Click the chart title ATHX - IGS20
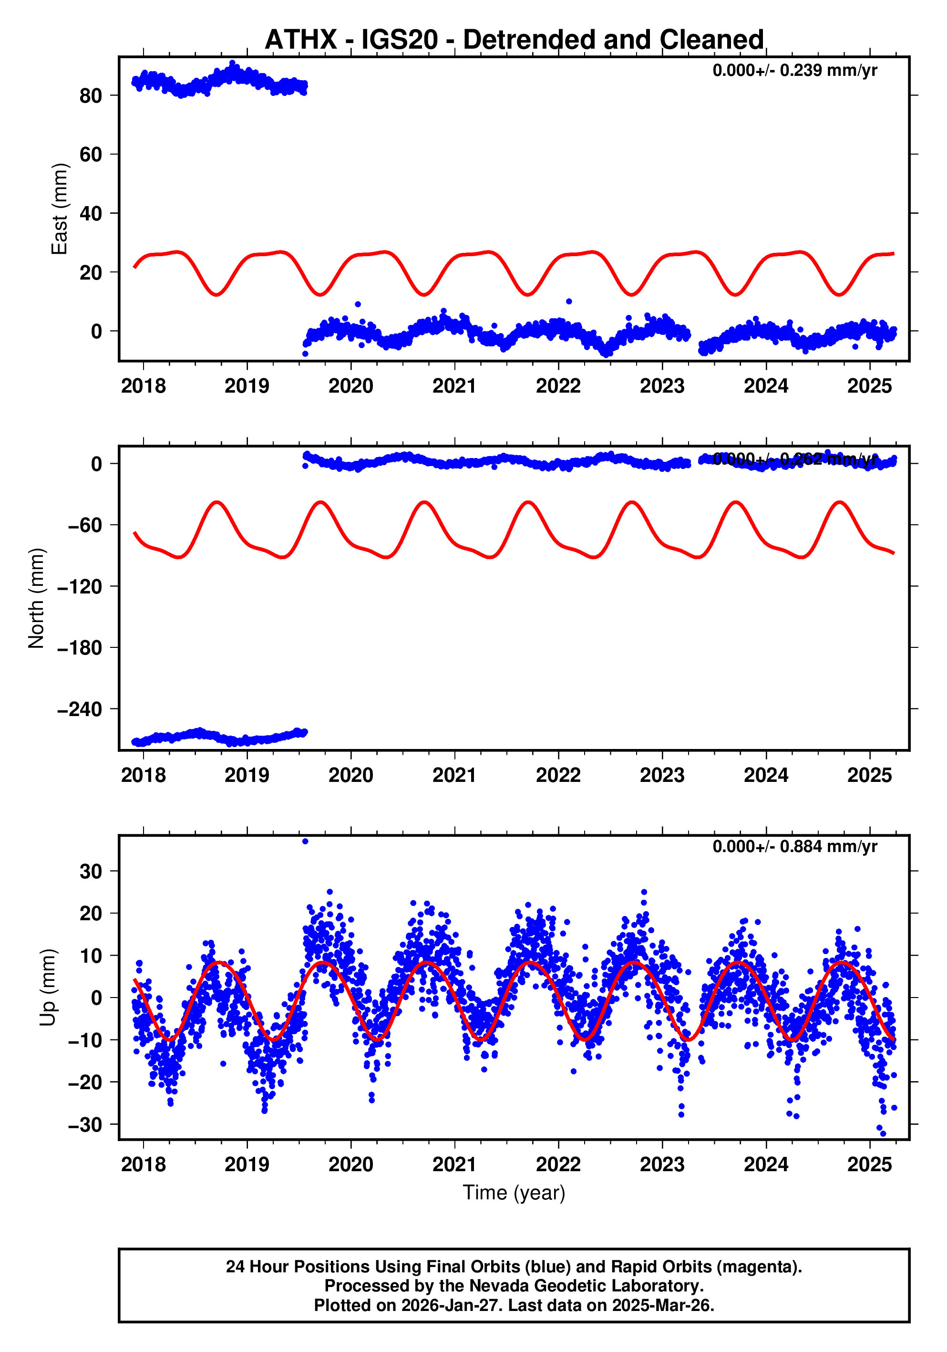[514, 40]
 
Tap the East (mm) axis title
[60, 209]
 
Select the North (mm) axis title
[37, 598]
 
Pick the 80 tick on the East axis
[91, 95]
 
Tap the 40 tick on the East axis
[91, 214]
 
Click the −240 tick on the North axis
[80, 709]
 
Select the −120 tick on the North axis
[80, 586]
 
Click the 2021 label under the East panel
[454, 386]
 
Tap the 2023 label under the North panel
[662, 776]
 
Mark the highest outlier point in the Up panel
[305, 842]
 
